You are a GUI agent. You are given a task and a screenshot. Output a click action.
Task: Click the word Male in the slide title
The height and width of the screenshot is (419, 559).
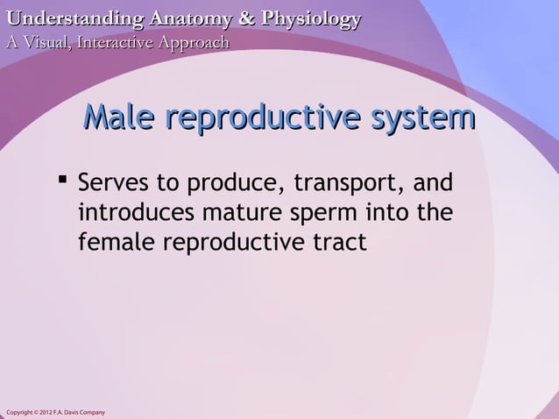point(118,120)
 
